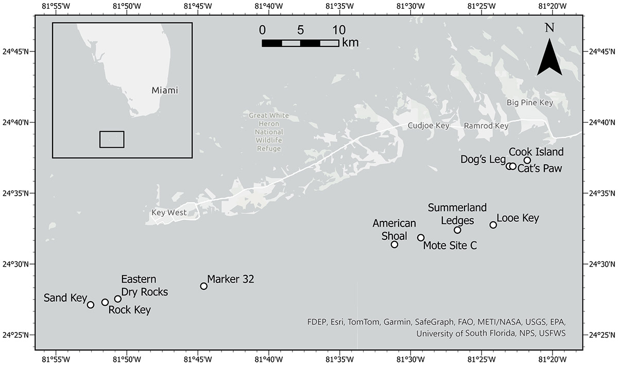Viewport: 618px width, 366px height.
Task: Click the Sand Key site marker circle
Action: point(91,305)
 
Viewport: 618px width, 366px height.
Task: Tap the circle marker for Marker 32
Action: point(203,286)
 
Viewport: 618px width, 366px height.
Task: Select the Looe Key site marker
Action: point(493,225)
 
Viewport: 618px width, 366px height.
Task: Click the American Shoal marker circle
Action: point(394,245)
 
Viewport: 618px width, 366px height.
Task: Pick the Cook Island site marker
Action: point(527,160)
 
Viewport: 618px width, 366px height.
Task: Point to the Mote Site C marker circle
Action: point(421,238)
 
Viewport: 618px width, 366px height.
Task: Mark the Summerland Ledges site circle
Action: point(457,230)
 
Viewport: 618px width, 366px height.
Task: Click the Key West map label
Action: point(169,213)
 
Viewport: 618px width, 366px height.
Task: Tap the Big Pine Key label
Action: point(529,103)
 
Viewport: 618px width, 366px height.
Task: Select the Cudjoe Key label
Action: point(428,126)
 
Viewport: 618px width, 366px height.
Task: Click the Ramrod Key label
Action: point(486,126)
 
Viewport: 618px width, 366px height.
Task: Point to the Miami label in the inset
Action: point(165,91)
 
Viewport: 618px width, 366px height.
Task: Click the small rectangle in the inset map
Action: point(112,140)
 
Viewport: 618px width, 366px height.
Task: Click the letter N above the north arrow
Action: point(550,28)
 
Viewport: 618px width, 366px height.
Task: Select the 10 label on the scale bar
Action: point(338,29)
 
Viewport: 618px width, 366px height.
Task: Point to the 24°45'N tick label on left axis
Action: point(16,51)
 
